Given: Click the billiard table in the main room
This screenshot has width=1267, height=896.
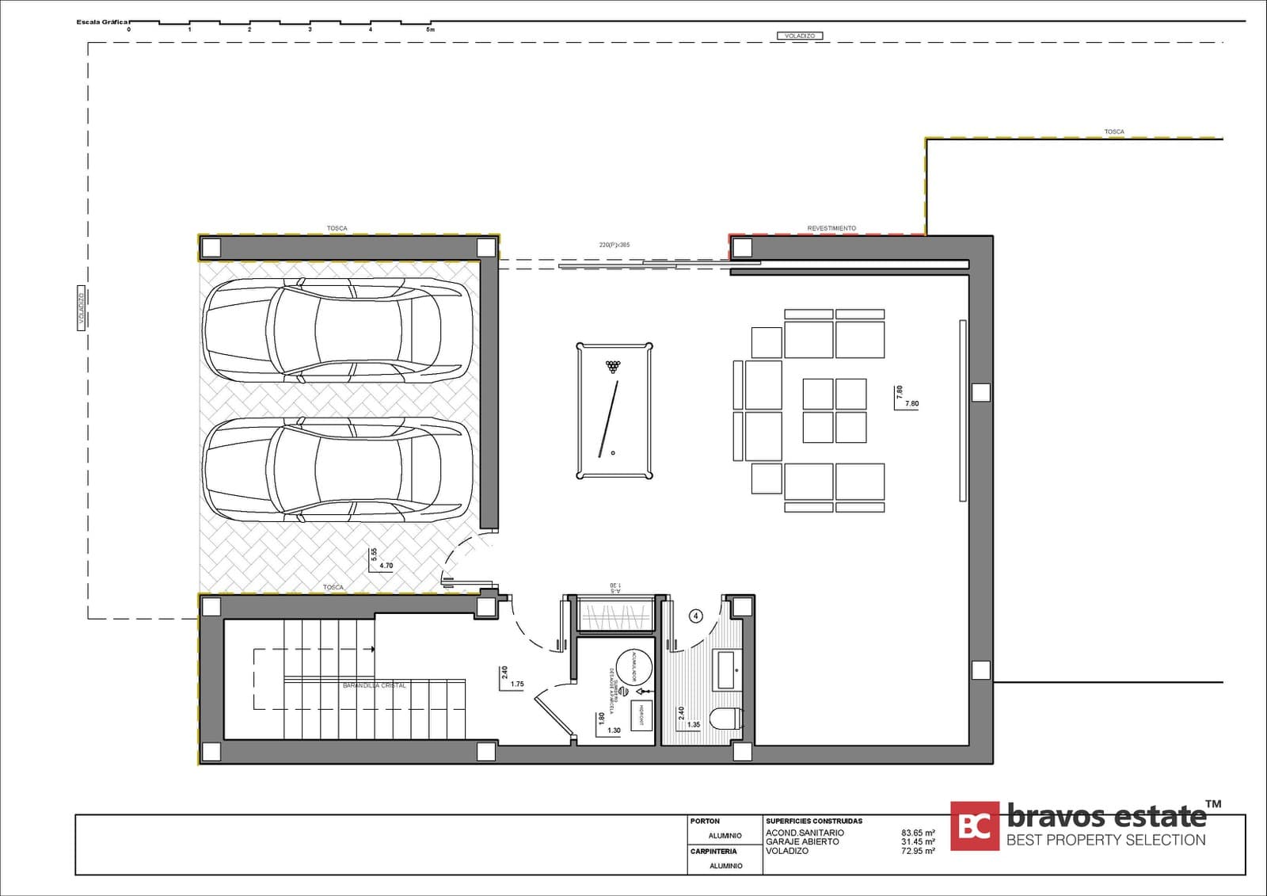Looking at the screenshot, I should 614,410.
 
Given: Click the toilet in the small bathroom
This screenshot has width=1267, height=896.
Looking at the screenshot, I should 725,719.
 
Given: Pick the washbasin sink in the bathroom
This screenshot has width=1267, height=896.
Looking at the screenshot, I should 727,669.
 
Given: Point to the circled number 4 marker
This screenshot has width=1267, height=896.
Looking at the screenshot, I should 696,616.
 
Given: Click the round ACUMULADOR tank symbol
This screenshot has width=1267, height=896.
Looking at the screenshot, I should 634,668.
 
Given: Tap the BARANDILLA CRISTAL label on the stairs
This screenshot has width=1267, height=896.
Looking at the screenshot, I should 375,685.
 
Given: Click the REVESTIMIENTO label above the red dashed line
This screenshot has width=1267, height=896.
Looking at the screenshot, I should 831,228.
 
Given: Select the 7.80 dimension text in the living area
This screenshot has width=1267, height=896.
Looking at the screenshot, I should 912,404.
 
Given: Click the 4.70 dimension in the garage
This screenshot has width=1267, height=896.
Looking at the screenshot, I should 386,566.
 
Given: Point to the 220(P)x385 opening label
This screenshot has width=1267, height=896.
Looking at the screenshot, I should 614,246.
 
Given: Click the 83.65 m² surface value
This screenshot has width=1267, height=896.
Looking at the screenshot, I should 918,833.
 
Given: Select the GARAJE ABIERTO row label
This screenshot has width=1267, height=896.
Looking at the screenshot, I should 802,841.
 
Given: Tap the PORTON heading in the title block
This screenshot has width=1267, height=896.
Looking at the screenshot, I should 705,821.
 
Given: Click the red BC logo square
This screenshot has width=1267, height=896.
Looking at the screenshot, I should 975,825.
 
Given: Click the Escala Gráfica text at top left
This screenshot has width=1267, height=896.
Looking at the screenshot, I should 101,22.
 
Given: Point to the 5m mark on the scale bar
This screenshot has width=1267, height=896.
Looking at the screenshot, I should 430,29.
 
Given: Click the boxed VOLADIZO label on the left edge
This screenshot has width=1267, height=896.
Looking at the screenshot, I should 81,307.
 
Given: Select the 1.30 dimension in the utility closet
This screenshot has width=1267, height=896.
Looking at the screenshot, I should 614,730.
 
